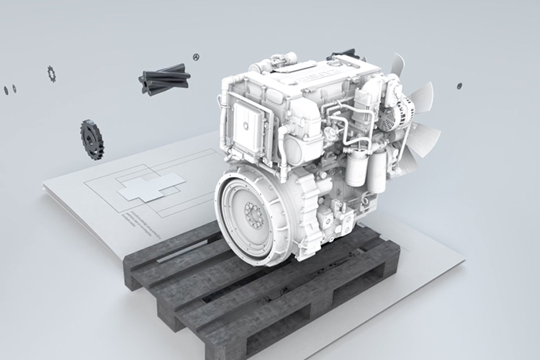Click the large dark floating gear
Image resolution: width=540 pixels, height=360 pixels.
tap(91, 138)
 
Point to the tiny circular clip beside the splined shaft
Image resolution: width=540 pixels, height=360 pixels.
tap(196, 56)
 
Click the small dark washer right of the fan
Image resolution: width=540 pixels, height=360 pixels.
tap(459, 86)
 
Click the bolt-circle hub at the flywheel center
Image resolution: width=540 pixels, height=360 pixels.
tap(253, 213)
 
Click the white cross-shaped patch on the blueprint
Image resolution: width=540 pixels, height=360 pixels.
tap(152, 186)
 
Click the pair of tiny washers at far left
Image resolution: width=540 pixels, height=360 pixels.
tap(9, 89)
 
